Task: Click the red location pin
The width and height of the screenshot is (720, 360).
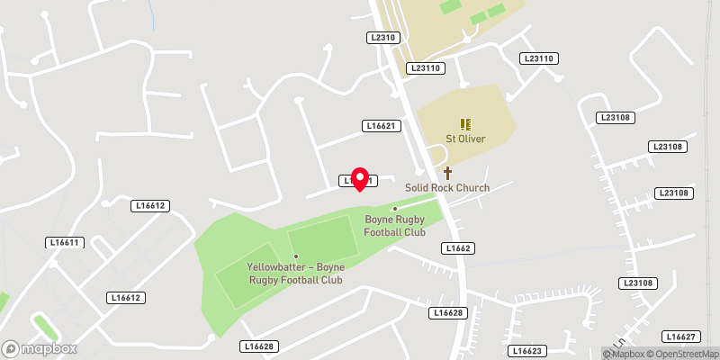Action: coord(360,178)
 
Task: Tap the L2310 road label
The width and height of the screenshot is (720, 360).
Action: coord(382,37)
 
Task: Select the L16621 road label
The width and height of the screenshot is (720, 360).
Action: coord(382,125)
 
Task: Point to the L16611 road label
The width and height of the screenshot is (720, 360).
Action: coord(65,243)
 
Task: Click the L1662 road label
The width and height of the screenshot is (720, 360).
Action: coord(458,247)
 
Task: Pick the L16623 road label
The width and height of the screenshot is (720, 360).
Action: coord(527,350)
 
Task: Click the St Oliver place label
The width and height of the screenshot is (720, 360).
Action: coord(465,139)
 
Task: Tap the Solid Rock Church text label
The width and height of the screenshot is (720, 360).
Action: coord(447,188)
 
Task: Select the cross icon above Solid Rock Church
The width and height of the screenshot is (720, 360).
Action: coord(447,173)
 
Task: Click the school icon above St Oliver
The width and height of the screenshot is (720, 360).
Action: coord(465,124)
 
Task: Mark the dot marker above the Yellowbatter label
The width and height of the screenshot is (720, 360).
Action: coord(295,256)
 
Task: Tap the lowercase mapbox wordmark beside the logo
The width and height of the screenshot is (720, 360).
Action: coord(49,348)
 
